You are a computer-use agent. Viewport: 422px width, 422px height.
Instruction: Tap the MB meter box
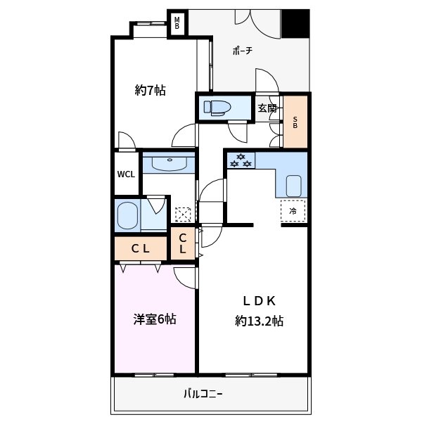point(177,23)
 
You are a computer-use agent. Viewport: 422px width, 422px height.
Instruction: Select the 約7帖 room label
point(150,90)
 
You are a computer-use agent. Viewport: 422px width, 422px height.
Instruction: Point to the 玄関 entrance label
point(267,108)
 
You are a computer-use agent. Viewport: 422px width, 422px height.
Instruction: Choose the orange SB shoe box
point(295,122)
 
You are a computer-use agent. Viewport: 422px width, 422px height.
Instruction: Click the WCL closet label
point(127,174)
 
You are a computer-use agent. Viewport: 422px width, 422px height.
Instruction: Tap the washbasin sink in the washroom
point(167,164)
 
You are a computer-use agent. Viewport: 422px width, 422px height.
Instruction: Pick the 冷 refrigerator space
point(293,210)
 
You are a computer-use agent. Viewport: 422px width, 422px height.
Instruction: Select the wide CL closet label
point(141,248)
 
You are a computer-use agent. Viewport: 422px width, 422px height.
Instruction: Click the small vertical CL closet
point(182,244)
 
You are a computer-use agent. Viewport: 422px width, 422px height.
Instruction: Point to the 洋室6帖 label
point(155,319)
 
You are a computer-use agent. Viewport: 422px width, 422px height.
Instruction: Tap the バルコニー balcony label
point(203,393)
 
